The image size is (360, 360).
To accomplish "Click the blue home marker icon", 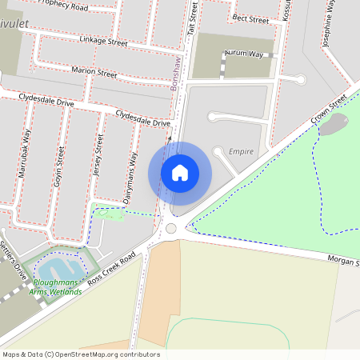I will [180, 173].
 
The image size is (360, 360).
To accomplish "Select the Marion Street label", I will [94, 74].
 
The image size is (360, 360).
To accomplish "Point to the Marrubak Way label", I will [27, 147].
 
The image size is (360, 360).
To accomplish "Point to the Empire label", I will [241, 151].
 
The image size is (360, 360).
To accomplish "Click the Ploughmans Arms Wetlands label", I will [56, 287].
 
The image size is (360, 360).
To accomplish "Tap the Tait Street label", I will [193, 17].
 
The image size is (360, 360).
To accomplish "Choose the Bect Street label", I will [250, 19].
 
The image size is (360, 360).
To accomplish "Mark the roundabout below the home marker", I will [170, 229].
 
